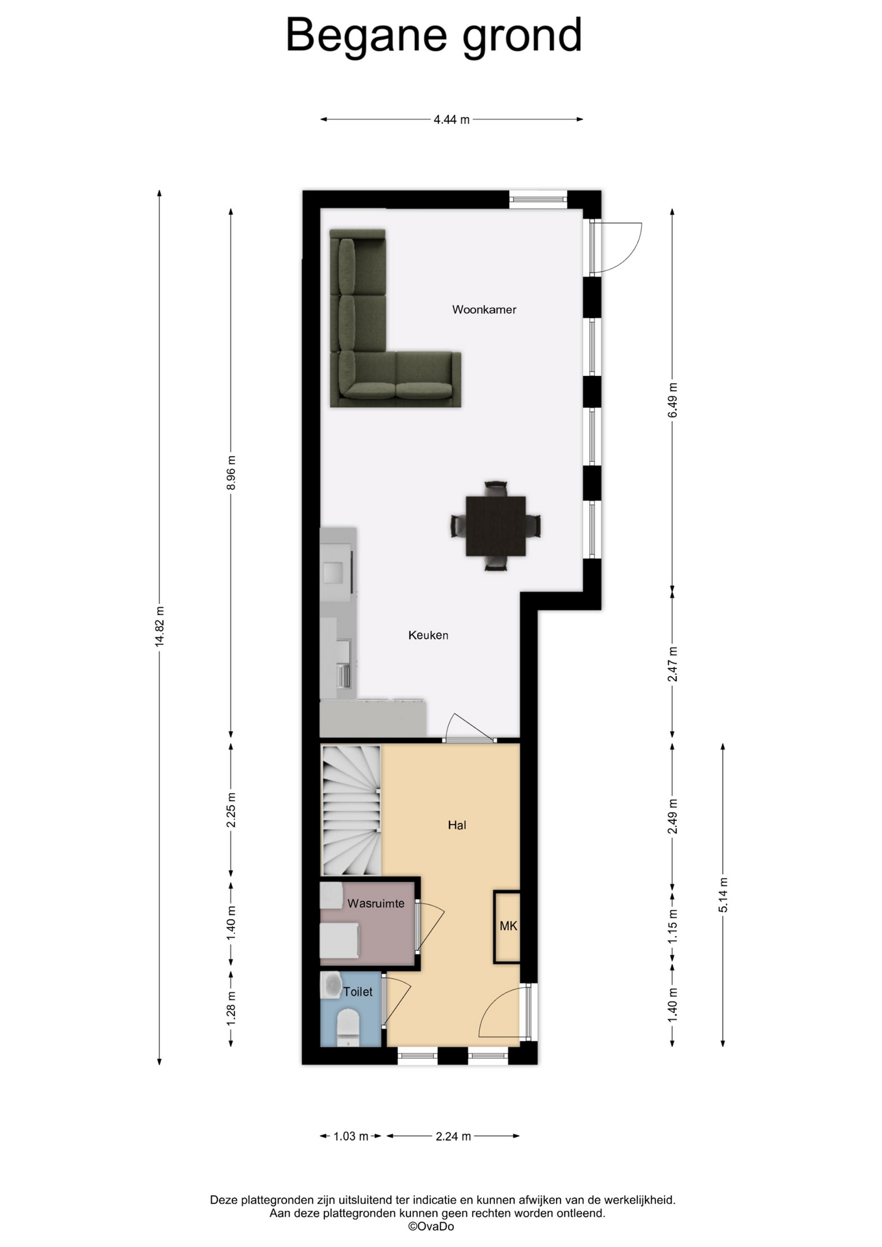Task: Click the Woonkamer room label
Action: point(484,310)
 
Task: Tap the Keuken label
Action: point(428,635)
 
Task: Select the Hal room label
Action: point(457,825)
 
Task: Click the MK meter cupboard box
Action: point(507,926)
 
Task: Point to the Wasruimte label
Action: point(375,903)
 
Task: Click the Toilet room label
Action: point(358,992)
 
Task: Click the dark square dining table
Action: point(496,525)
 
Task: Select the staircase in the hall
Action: point(351,810)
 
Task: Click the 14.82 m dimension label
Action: point(160,626)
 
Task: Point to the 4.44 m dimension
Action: point(451,120)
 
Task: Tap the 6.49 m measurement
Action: point(672,401)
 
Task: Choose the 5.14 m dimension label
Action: point(723,895)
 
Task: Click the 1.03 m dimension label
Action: point(351,1136)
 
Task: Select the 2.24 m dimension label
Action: point(453,1136)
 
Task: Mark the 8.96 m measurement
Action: point(231,474)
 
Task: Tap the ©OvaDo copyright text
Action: point(431,1226)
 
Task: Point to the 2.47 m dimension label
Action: point(672,664)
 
